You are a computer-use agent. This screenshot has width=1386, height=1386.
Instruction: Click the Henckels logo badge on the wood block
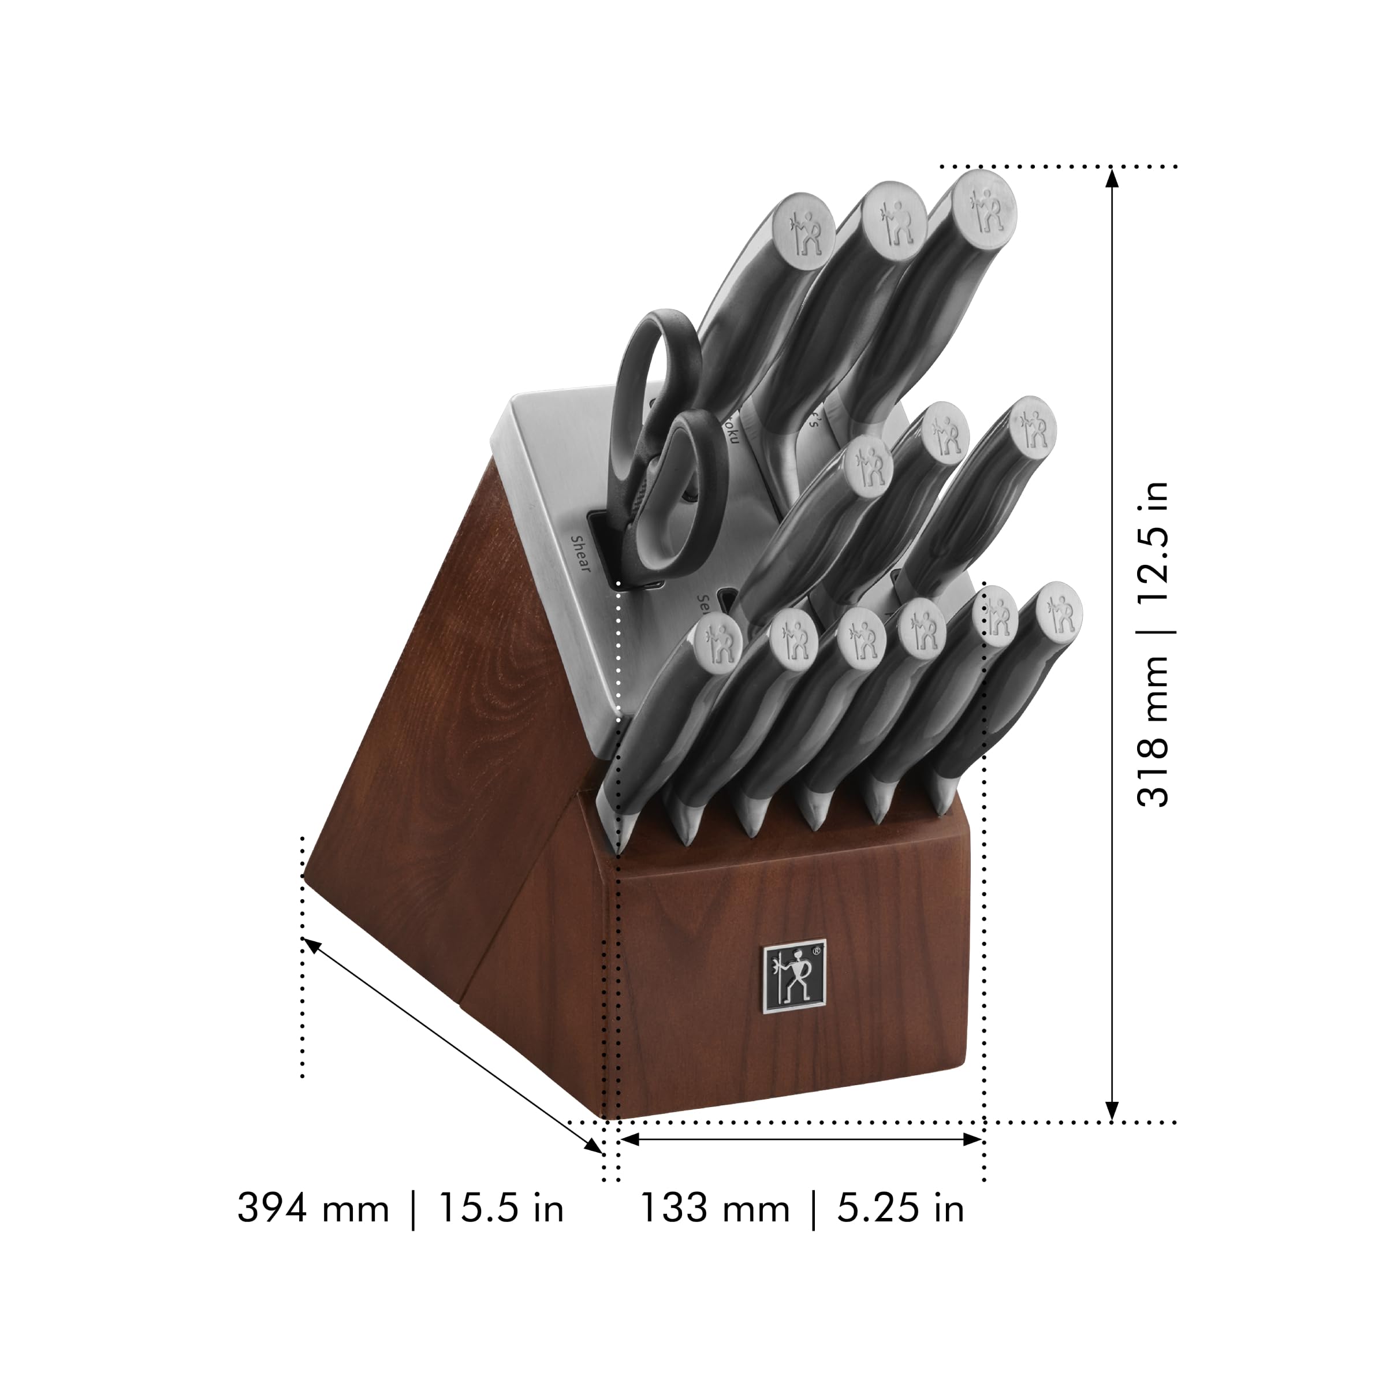pos(793,978)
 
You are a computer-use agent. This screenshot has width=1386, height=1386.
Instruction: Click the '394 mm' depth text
pos(313,1208)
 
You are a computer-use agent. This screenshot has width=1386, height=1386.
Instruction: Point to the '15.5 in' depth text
pos(501,1208)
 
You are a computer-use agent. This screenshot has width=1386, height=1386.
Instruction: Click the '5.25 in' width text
pos(900,1208)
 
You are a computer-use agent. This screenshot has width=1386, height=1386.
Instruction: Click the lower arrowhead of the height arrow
pos(1111,1111)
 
